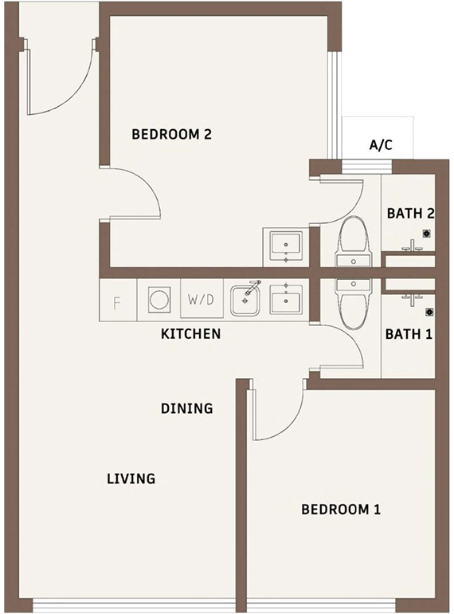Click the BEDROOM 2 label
click(171, 134)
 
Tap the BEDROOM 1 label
click(341, 510)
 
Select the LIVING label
click(131, 478)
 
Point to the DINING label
click(187, 408)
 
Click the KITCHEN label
click(191, 334)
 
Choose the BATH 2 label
click(411, 214)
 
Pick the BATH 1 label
click(409, 334)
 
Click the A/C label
click(381, 145)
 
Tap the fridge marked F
click(119, 301)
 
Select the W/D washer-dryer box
click(202, 300)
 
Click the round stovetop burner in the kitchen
click(159, 300)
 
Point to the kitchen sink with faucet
click(245, 299)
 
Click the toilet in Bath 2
click(354, 242)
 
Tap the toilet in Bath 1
click(354, 305)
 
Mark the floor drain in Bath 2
click(427, 234)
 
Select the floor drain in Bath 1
click(429, 312)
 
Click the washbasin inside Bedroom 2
click(286, 246)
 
